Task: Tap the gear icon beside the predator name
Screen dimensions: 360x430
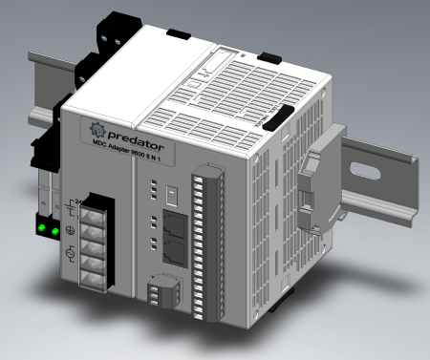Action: pyautogui.click(x=96, y=130)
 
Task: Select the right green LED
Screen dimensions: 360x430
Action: pyautogui.click(x=56, y=231)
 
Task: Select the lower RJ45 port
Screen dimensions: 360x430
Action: pyautogui.click(x=176, y=254)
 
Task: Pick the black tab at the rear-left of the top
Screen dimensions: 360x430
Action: pyautogui.click(x=179, y=34)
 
